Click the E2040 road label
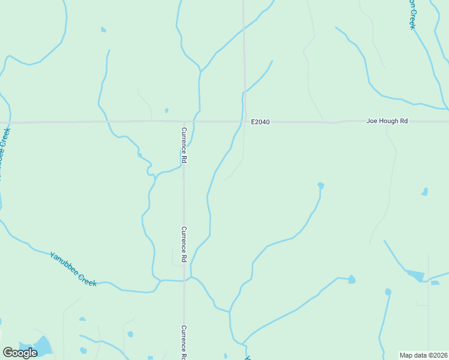coord(261,122)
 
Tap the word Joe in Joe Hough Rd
coord(372,121)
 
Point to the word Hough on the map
coord(389,121)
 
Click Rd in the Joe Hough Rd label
coord(404,121)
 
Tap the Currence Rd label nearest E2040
coord(185,145)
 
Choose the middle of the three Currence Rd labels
coord(185,244)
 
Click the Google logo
coord(20,352)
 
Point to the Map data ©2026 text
coord(424,355)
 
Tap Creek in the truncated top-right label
coord(412,21)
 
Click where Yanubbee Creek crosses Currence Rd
coord(184,280)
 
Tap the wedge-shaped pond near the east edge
coord(415,275)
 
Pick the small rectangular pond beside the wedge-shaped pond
coord(435,283)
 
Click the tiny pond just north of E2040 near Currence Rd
coord(166,110)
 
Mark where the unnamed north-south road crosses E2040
coord(244,122)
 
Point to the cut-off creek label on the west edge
coord(4,150)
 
